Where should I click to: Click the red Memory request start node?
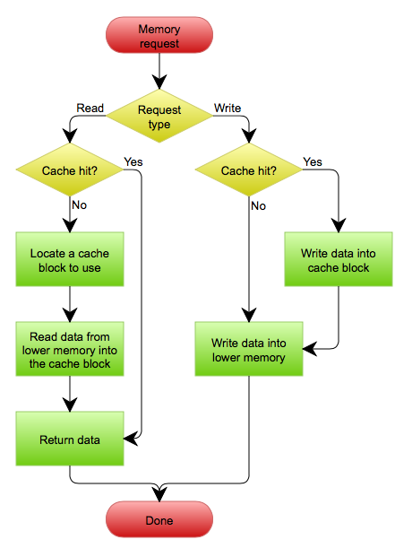click(159, 35)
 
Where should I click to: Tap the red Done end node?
click(159, 519)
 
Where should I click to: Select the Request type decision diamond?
click(159, 117)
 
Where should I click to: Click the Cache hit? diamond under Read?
click(70, 170)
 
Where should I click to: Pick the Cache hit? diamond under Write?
click(249, 170)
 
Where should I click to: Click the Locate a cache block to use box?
click(70, 259)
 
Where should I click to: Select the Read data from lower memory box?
click(70, 349)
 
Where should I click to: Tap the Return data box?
click(70, 439)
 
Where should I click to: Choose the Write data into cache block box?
click(339, 259)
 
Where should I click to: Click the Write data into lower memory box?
click(249, 349)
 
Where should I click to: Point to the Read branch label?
click(90, 108)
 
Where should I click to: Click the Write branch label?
click(227, 108)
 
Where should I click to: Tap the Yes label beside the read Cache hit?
click(133, 162)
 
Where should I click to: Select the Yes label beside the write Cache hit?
click(313, 162)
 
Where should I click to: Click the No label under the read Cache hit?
click(79, 205)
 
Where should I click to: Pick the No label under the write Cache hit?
click(258, 206)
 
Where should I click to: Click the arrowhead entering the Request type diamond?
click(159, 82)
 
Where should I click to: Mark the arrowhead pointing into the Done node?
click(159, 494)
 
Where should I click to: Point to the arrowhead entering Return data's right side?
click(131, 439)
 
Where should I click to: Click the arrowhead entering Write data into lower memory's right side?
click(310, 349)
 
